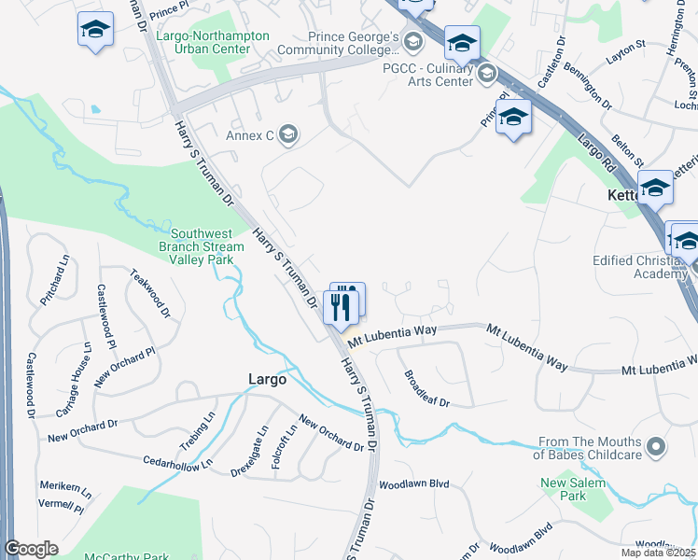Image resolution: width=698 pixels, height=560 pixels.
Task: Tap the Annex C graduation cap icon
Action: (x=288, y=136)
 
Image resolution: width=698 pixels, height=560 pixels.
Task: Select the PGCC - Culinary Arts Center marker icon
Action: (x=486, y=73)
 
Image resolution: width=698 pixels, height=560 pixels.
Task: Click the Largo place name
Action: (x=266, y=379)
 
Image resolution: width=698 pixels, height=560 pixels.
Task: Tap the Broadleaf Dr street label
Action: (x=426, y=389)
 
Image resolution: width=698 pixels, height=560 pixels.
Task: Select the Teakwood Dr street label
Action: (x=150, y=292)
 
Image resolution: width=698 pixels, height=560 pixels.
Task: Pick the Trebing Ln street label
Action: (x=197, y=430)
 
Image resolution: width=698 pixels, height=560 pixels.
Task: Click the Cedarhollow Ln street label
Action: (x=178, y=460)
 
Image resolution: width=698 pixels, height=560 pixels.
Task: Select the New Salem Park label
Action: (x=574, y=489)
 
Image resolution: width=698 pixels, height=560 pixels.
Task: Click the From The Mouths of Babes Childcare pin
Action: (x=655, y=447)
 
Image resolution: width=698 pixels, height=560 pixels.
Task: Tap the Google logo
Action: (x=31, y=549)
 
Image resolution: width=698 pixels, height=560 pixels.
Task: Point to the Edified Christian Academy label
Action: (x=640, y=268)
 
